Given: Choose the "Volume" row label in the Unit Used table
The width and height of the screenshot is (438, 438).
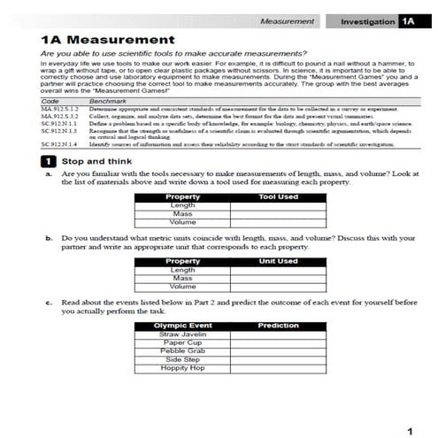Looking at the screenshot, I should pyautogui.click(x=183, y=287).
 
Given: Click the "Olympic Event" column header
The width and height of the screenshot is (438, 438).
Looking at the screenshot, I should pyautogui.click(x=183, y=326).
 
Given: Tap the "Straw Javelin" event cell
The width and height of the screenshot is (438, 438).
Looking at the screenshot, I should pyautogui.click(x=183, y=334).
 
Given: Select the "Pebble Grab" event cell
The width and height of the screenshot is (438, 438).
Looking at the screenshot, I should pyautogui.click(x=183, y=351).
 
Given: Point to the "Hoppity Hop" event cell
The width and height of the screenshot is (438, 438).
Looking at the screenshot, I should pyautogui.click(x=183, y=368).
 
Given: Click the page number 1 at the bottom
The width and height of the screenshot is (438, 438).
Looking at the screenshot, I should pyautogui.click(x=409, y=430).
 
